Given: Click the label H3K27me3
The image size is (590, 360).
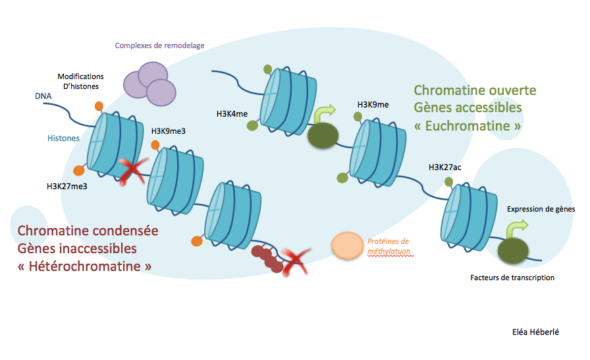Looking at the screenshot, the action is tap(67, 186).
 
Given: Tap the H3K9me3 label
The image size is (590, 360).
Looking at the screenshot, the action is tap(168, 131).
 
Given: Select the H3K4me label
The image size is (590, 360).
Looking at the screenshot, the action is tap(232, 114).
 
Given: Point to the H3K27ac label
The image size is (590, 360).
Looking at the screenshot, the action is tap(445, 167).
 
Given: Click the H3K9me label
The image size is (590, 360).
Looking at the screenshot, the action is tap(373, 105).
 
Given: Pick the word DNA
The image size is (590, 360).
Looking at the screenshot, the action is tap(43, 96).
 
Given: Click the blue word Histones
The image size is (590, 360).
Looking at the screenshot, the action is tap(63, 138).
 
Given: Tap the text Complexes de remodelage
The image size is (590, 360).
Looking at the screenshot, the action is tap(160, 46).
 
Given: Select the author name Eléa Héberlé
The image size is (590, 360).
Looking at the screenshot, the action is tap(535, 332).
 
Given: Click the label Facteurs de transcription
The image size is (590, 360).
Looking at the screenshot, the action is tap(512, 278).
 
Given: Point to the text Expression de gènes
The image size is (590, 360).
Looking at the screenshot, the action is tap(541, 209).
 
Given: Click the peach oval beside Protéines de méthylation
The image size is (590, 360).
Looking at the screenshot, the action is tap(347, 246).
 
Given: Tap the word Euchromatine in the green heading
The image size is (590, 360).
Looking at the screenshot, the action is tap(467, 126).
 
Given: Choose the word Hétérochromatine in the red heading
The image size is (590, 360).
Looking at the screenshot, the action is tap(85, 266).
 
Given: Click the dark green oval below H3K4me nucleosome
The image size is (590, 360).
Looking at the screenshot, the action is tap(323, 135).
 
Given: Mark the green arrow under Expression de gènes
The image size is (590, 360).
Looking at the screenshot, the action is tap(516, 229).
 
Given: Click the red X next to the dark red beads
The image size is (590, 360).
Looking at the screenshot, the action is tap(296, 261).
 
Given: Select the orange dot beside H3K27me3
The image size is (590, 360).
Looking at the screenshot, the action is tap(79, 170).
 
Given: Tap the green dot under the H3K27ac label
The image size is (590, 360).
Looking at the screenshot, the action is tap(449, 182).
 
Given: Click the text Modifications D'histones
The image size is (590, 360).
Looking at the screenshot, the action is tap(81, 81).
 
